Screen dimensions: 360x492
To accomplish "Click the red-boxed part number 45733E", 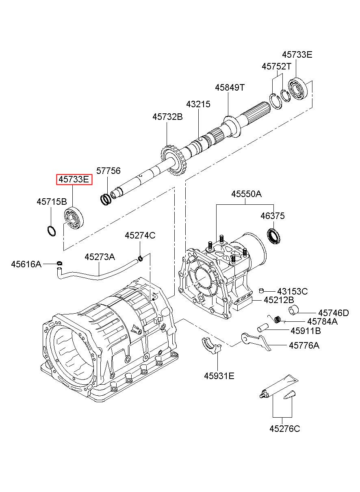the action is point(74,180).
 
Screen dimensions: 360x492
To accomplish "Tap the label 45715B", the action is point(52,202).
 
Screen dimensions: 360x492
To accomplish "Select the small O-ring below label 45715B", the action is point(52,231).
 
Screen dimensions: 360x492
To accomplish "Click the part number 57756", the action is point(108,171).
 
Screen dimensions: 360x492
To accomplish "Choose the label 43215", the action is point(198,104).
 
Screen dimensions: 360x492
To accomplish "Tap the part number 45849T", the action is point(230,87).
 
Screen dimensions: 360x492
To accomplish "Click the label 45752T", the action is point(276,66).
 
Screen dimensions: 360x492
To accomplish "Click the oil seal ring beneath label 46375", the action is point(274,236).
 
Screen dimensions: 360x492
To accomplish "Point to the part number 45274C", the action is point(140,236).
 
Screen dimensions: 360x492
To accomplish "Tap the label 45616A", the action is point(26,264).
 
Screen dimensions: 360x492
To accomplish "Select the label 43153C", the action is point(293,291).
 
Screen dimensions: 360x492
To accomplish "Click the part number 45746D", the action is point(334,313).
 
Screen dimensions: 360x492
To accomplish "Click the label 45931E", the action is point(219,376).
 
